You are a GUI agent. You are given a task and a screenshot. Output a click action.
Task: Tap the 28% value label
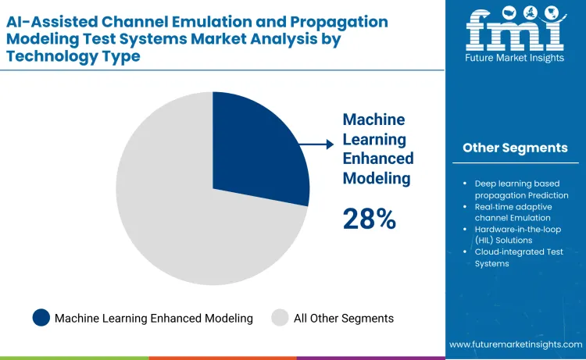pyautogui.click(x=369, y=219)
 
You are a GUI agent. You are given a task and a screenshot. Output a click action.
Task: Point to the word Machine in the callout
pyautogui.click(x=373, y=119)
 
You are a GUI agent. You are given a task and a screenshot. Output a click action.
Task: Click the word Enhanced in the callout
pyautogui.click(x=378, y=159)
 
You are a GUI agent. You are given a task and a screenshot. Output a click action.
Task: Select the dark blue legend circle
pyautogui.click(x=41, y=318)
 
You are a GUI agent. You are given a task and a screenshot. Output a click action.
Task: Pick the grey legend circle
pyautogui.click(x=280, y=318)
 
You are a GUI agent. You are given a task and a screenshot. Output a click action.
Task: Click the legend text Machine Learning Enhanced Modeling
pyautogui.click(x=154, y=318)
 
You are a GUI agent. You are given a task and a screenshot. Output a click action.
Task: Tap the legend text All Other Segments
pyautogui.click(x=344, y=318)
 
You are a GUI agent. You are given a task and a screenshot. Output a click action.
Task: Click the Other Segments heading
pyautogui.click(x=515, y=148)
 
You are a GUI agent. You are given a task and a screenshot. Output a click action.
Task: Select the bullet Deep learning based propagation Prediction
pyautogui.click(x=521, y=189)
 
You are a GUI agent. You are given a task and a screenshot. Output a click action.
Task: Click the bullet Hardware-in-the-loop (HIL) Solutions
pyautogui.click(x=519, y=234)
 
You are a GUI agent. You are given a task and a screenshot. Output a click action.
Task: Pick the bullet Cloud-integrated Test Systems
pyautogui.click(x=519, y=258)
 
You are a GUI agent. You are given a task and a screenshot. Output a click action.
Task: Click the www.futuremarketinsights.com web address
pyautogui.click(x=516, y=344)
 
